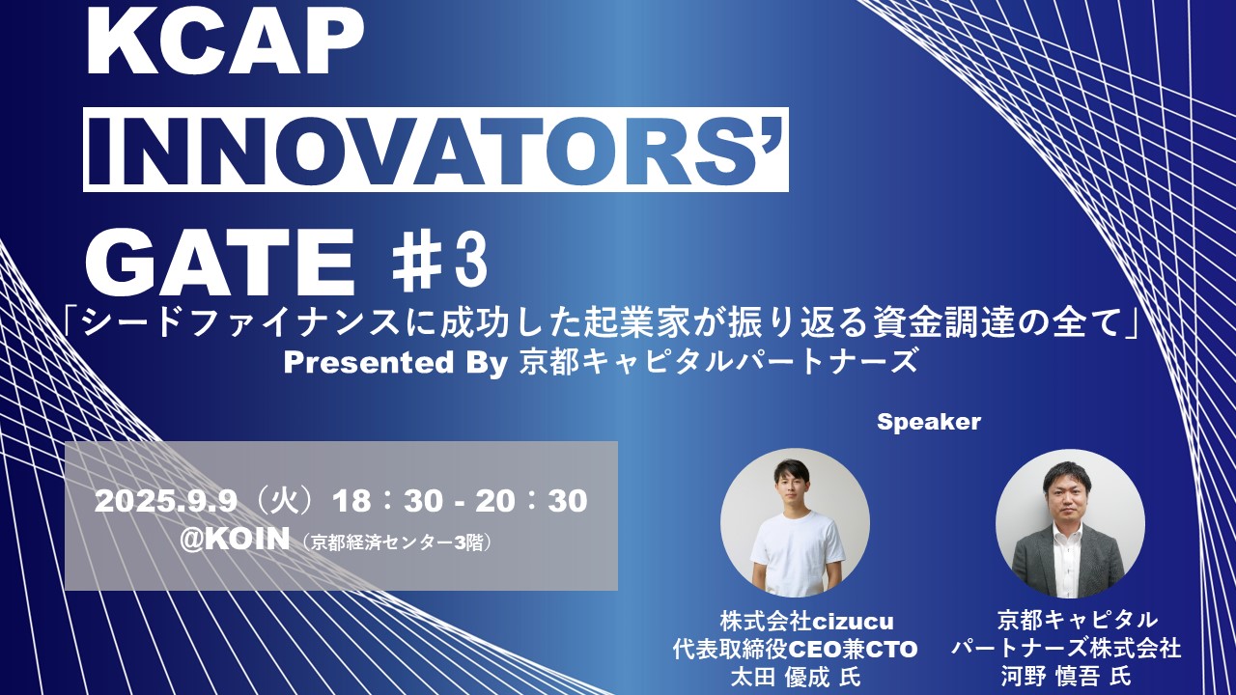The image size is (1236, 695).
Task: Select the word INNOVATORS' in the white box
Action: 435,150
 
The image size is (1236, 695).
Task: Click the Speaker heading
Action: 928,422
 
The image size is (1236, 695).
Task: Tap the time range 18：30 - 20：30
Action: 460,501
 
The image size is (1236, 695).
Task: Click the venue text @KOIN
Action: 235,539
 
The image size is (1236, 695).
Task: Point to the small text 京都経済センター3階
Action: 399,542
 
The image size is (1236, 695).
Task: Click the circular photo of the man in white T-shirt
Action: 795,522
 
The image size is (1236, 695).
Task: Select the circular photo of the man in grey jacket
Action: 1070,522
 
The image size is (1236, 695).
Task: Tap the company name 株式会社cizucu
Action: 794,621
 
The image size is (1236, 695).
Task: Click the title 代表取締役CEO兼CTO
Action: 795,649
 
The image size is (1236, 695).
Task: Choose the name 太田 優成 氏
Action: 795,677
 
